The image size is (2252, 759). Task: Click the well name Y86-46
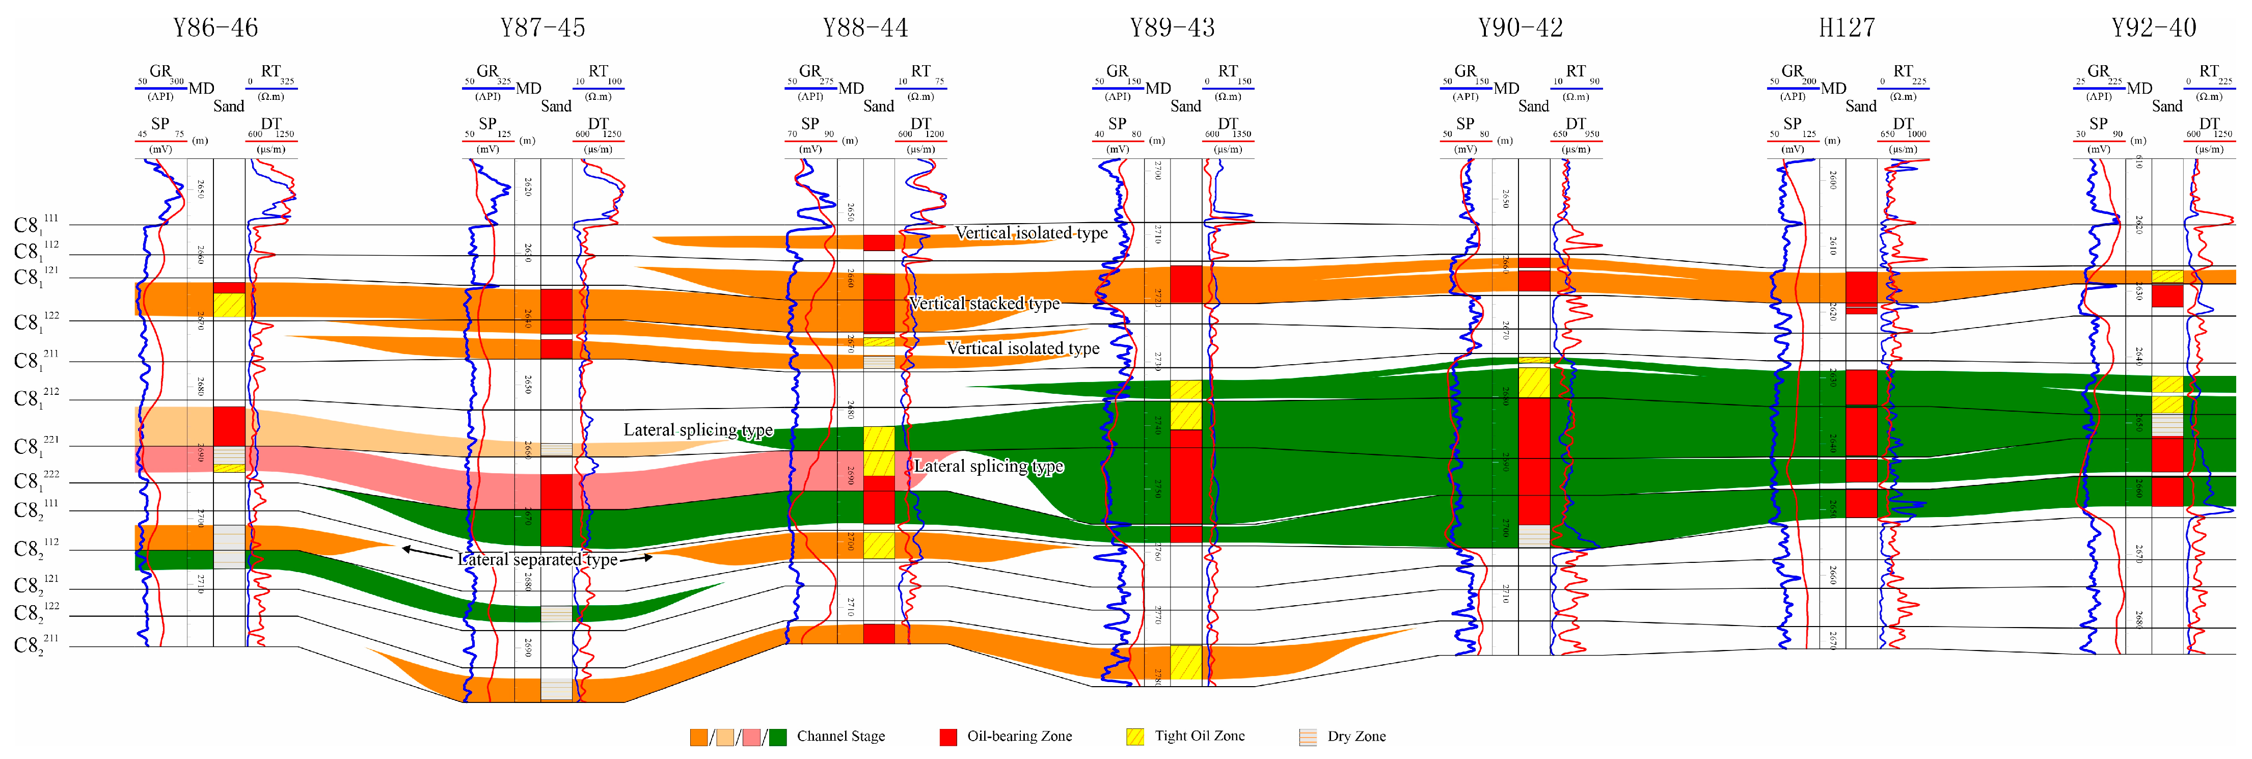pyautogui.click(x=215, y=28)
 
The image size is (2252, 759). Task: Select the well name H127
pyautogui.click(x=1847, y=28)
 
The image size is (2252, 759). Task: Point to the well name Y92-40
pyautogui.click(x=2153, y=28)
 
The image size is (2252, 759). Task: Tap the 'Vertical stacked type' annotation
pyautogui.click(x=984, y=304)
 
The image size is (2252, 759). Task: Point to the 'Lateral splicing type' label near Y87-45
pyautogui.click(x=698, y=429)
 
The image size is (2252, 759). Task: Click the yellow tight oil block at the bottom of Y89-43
pyautogui.click(x=1185, y=662)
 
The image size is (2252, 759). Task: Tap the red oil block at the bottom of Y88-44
pyautogui.click(x=879, y=633)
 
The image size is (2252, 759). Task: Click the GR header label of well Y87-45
pyautogui.click(x=487, y=71)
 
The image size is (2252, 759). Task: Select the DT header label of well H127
pyautogui.click(x=1903, y=123)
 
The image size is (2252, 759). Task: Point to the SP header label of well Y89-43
pyautogui.click(x=1117, y=123)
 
